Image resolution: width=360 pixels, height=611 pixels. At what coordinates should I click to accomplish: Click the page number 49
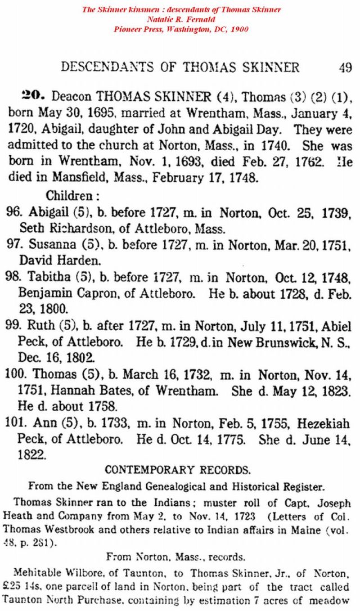(345, 68)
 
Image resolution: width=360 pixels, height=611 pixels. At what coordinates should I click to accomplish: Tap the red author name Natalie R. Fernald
(181, 20)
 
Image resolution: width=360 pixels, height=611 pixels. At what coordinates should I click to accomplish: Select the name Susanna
(49, 245)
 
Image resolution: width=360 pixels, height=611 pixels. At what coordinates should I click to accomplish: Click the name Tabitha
(47, 277)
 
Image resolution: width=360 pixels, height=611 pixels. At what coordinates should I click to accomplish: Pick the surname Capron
(87, 294)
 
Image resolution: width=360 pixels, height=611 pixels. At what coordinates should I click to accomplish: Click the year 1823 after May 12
(339, 390)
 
